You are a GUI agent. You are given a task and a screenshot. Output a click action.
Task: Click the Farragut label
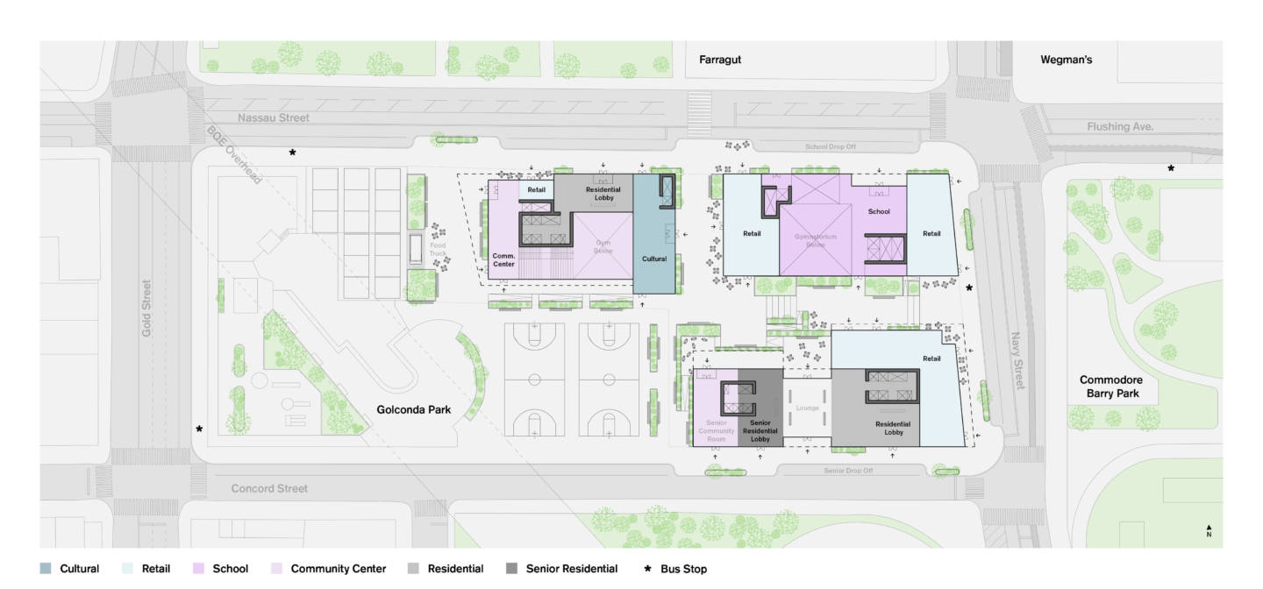[x=720, y=60]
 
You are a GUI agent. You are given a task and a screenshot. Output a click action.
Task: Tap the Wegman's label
[x=1066, y=60]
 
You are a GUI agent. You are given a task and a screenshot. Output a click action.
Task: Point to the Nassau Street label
[x=274, y=117]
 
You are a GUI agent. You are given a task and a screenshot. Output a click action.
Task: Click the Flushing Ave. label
[x=1120, y=126]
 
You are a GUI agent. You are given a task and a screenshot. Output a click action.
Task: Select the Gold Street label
[x=147, y=308]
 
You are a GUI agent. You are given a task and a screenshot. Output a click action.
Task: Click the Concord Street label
[x=269, y=488]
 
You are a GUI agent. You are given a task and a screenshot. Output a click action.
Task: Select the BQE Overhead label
[x=234, y=154]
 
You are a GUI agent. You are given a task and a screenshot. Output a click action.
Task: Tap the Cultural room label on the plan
[x=654, y=259]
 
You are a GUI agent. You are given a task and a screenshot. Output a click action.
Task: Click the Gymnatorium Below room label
[x=816, y=240]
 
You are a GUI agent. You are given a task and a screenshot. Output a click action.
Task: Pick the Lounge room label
[x=806, y=408]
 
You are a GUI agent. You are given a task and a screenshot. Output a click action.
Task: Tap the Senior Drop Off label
[x=848, y=471]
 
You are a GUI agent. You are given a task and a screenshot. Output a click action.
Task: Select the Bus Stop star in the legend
[x=648, y=569]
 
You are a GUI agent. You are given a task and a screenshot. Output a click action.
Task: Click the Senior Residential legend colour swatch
[x=511, y=569]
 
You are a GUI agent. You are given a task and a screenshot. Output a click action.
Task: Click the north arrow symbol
[x=1209, y=529]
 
